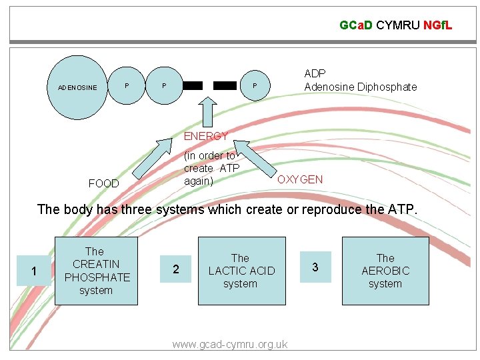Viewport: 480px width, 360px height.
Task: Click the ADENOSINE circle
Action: pos(77,87)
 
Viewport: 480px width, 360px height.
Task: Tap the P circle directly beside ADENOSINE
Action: pos(127,86)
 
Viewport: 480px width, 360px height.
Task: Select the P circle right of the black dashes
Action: pos(254,86)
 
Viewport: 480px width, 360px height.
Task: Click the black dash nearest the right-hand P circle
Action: pos(225,86)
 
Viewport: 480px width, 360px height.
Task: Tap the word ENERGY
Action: pos(205,136)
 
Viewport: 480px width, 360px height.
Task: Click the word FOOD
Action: pos(104,183)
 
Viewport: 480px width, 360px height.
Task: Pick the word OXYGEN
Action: pos(300,179)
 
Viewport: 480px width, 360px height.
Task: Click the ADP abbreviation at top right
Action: pos(315,73)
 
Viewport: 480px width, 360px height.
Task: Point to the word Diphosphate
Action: pos(386,87)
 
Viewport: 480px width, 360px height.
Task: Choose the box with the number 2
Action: pos(175,269)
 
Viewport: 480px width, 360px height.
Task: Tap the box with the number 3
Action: pos(315,267)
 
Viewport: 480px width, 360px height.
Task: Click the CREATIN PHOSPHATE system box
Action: pos(96,271)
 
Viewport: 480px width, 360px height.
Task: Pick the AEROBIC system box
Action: pos(385,271)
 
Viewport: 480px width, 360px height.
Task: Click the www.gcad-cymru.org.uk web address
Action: pos(229,344)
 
